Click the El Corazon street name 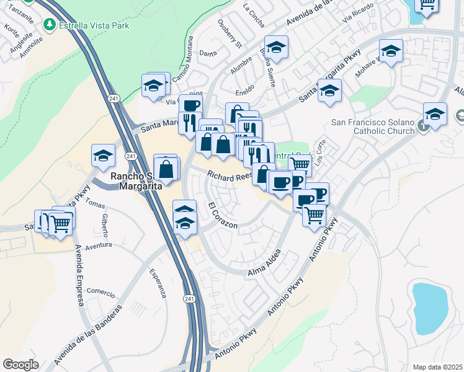(223, 216)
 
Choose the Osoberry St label (230, 33)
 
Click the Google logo (20, 365)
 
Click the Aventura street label (98, 246)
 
